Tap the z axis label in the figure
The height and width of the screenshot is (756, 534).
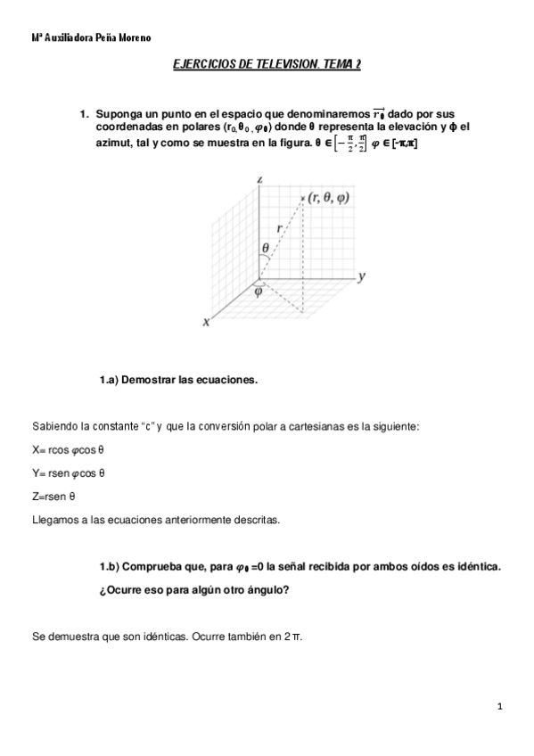[x=259, y=179]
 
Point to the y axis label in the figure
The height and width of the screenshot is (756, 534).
[x=362, y=277]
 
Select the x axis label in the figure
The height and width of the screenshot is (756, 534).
[x=206, y=322]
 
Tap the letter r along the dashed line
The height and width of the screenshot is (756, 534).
[x=279, y=228]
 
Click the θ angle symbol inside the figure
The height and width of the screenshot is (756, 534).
[x=265, y=247]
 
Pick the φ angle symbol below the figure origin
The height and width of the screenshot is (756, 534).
[x=259, y=290]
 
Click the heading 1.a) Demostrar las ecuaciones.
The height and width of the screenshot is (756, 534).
[x=178, y=380]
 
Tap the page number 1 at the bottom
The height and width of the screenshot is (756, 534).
[x=501, y=706]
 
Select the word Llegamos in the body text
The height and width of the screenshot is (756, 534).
[x=54, y=518]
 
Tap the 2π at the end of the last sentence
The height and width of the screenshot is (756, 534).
[x=293, y=637]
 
